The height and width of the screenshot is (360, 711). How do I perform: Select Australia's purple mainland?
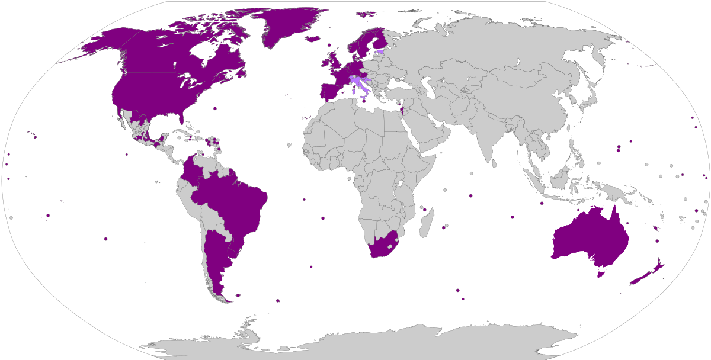click(x=587, y=237)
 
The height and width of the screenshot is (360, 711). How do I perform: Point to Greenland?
click(x=284, y=27)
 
